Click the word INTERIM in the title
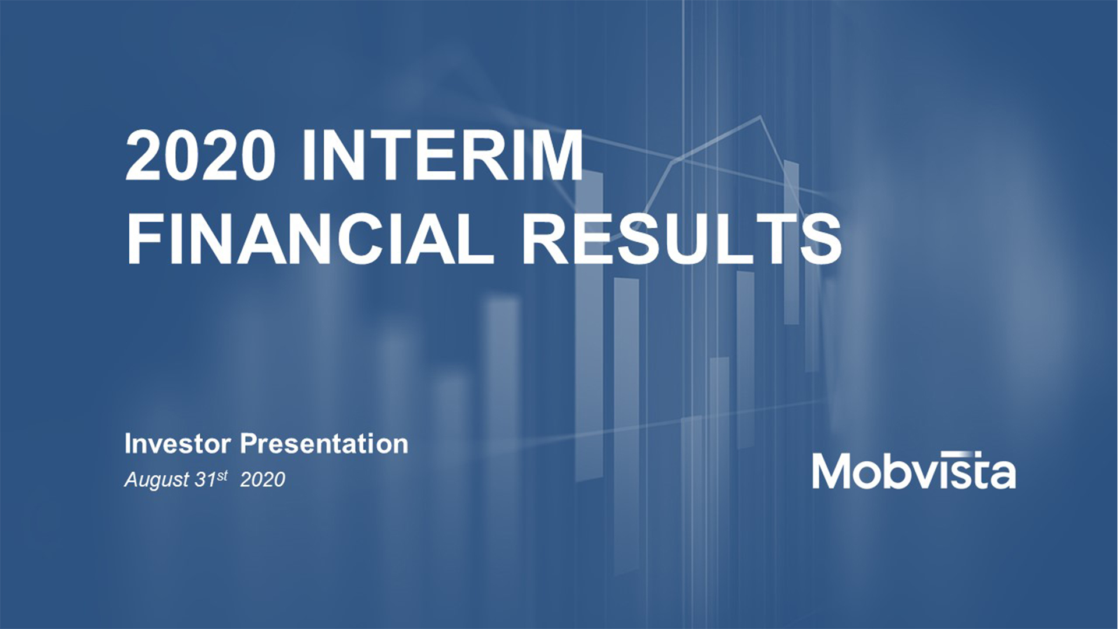pyautogui.click(x=442, y=156)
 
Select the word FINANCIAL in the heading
pyautogui.click(x=310, y=239)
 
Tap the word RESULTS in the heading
pyautogui.click(x=682, y=239)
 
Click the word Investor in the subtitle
pyautogui.click(x=178, y=444)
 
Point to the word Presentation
pyautogui.click(x=324, y=444)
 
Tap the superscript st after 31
pyautogui.click(x=222, y=475)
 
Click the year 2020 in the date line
pyautogui.click(x=263, y=479)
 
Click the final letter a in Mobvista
pyautogui.click(x=1003, y=476)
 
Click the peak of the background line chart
pyautogui.click(x=760, y=116)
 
